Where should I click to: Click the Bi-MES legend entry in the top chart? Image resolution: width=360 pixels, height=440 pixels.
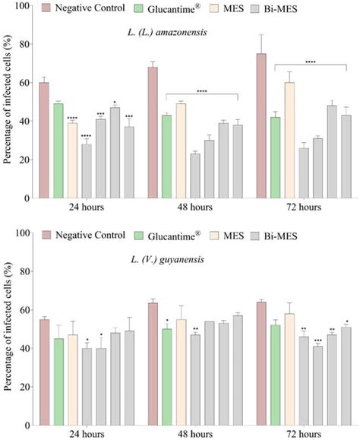coord(286,8)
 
